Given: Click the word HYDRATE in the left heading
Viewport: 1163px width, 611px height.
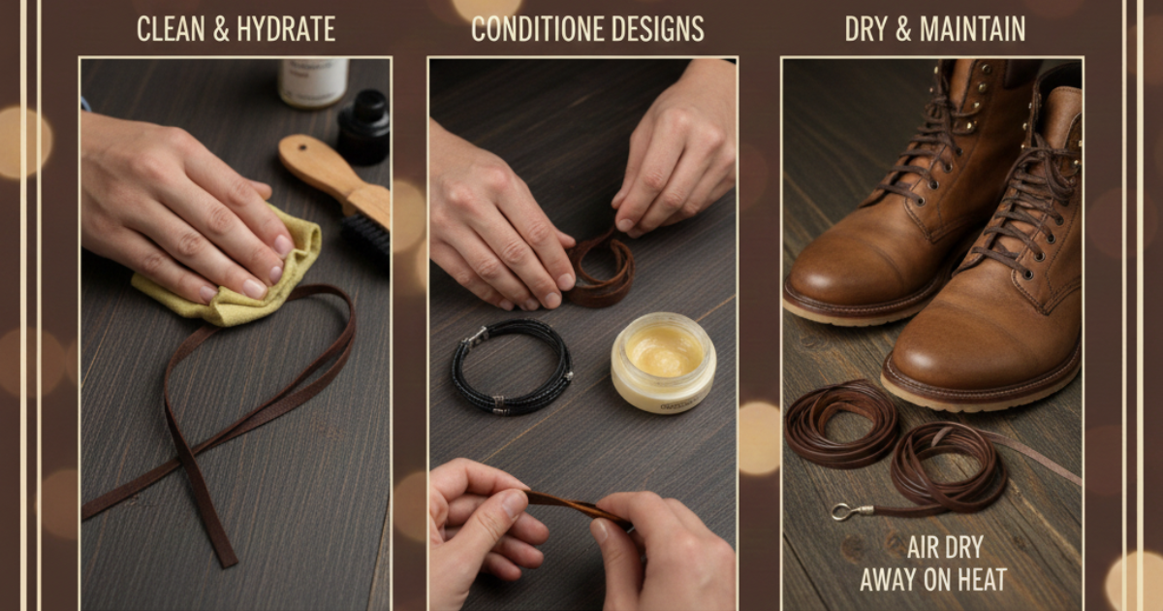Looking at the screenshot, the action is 286,29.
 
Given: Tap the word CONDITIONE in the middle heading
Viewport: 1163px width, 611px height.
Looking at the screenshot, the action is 537,29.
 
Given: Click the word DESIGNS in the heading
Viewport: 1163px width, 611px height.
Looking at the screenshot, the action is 658,29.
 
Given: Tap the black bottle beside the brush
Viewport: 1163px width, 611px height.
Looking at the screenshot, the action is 363,127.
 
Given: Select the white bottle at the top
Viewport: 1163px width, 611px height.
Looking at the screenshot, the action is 313,82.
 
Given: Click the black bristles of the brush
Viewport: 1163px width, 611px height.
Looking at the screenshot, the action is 366,237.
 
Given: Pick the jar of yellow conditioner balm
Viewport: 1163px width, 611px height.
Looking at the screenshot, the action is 663,362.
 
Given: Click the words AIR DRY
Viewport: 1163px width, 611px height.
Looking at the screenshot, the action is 945,548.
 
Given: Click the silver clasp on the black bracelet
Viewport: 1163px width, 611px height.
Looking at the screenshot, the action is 475,337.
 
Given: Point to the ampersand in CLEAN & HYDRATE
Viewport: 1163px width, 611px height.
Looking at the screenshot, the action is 221,30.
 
